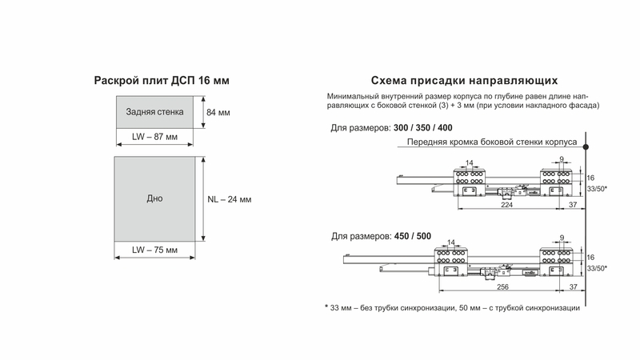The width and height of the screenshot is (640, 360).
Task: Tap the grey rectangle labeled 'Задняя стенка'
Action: coord(155,112)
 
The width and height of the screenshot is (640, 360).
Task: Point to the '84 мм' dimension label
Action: coord(218,113)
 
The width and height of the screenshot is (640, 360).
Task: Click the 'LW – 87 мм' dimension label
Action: coord(154,138)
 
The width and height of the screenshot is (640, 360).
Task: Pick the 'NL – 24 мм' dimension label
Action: coord(229,199)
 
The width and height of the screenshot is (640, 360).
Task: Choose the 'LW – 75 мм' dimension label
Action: coord(154,250)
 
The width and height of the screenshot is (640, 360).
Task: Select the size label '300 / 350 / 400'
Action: coord(423,128)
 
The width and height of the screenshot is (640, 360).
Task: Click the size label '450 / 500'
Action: coord(412,236)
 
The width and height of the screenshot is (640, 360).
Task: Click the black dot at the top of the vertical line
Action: coord(586,146)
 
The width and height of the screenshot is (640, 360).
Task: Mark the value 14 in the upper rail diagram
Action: coord(470,162)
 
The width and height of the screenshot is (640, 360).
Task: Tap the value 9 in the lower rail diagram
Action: coord(563,238)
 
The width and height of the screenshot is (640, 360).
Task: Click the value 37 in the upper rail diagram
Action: coord(573,205)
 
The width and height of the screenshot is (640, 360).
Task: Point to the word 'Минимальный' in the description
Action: coord(355,96)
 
